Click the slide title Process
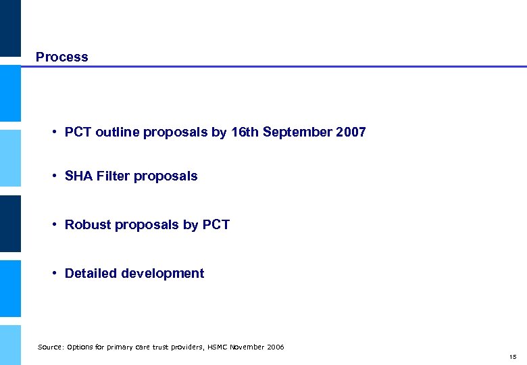click(61, 57)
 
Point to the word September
click(297, 132)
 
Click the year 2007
click(351, 132)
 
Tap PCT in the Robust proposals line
click(216, 225)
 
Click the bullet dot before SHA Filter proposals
click(53, 176)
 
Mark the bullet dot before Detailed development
click(53, 274)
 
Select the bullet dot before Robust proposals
click(53, 225)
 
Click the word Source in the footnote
click(49, 347)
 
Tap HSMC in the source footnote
click(215, 347)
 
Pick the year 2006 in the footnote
click(276, 347)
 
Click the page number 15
click(513, 357)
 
